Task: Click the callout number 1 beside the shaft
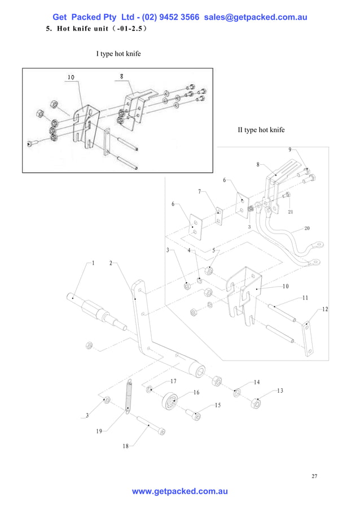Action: pyautogui.click(x=93, y=263)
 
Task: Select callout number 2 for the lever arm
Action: pyautogui.click(x=111, y=263)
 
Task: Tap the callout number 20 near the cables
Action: pyautogui.click(x=307, y=229)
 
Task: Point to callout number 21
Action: pyautogui.click(x=291, y=212)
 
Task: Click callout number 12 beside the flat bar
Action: pyautogui.click(x=325, y=309)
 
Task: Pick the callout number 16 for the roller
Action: pyautogui.click(x=196, y=392)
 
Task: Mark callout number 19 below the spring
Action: pyautogui.click(x=99, y=431)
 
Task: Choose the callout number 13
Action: pyautogui.click(x=280, y=391)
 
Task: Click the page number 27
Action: pyautogui.click(x=314, y=476)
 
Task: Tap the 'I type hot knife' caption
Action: pyautogui.click(x=118, y=54)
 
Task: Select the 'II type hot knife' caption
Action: pyautogui.click(x=261, y=130)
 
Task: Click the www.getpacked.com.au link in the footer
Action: pyautogui.click(x=179, y=492)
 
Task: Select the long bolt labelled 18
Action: pyautogui.click(x=150, y=427)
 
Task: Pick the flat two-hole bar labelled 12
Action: pyautogui.click(x=307, y=339)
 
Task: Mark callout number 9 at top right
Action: pyautogui.click(x=290, y=150)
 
